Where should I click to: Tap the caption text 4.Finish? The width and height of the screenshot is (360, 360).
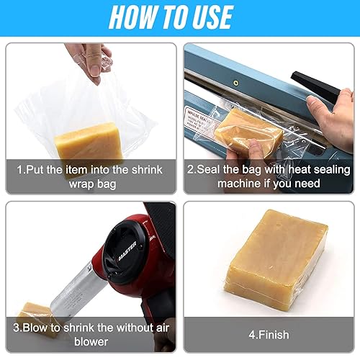point(268,334)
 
